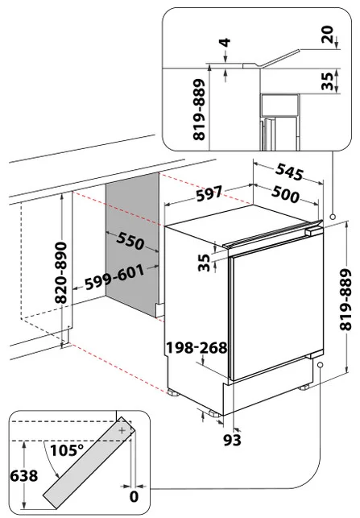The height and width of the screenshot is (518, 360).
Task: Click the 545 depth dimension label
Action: point(289,172)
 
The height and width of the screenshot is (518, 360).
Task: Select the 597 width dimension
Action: point(209,193)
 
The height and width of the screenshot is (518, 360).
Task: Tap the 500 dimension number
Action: point(286,194)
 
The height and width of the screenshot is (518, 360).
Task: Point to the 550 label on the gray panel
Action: point(130,240)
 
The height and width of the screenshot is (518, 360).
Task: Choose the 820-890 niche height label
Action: point(61,273)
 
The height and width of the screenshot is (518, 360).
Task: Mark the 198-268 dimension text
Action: point(197,347)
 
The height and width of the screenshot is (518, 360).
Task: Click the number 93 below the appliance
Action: point(233,440)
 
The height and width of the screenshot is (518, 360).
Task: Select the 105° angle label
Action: point(67,450)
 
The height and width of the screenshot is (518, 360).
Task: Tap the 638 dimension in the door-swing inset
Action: point(24,476)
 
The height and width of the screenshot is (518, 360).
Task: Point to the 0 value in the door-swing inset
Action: point(134,496)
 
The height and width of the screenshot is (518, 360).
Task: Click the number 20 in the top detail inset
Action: point(328,35)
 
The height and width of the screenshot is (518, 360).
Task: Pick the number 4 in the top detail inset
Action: point(226,43)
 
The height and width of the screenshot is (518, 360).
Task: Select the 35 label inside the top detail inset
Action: point(328,81)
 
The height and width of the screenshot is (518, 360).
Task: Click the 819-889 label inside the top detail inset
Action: point(200,110)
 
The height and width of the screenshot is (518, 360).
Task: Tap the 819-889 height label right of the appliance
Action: point(346,300)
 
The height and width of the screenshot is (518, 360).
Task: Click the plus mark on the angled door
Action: point(122,430)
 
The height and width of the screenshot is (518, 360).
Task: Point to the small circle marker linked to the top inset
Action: point(333,217)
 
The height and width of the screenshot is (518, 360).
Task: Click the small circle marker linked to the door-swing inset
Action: point(320,364)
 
